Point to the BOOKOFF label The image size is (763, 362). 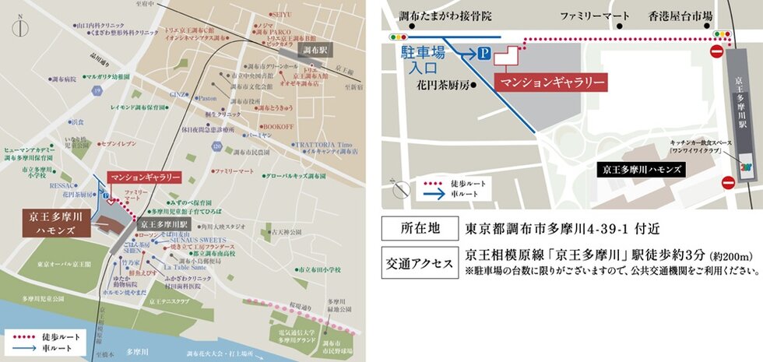[277, 125]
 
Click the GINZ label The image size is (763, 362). [178, 93]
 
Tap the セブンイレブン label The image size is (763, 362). [119, 144]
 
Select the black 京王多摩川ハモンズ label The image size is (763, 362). [643, 169]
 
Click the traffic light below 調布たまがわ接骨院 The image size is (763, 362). [399, 36]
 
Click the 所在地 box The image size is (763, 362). [420, 230]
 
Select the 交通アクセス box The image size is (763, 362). [420, 262]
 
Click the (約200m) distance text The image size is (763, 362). [733, 255]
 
